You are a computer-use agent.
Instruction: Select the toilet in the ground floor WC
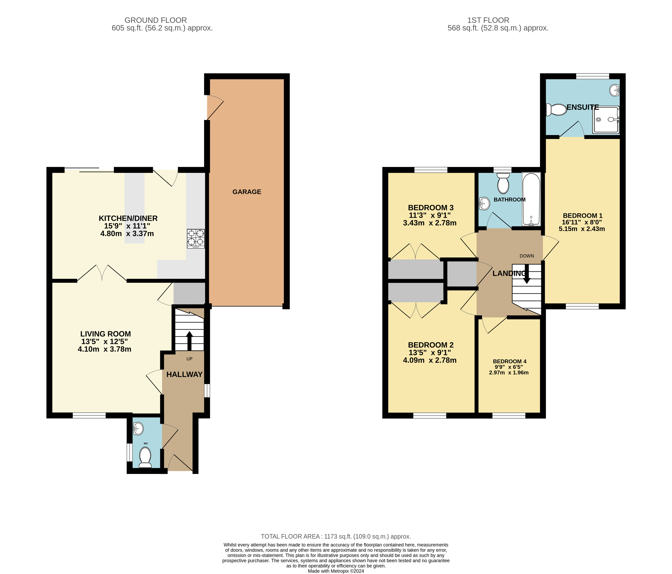click(145, 457)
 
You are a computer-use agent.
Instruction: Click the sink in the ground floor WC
click(138, 429)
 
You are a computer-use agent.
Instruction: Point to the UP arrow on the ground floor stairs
click(189, 341)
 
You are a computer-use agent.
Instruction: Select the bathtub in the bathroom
click(531, 199)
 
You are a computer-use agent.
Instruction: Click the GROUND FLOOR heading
click(156, 20)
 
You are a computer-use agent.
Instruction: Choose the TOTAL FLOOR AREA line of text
click(336, 536)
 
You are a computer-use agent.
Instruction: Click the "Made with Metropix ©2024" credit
click(336, 571)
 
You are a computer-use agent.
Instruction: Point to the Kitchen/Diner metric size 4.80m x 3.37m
click(127, 234)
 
